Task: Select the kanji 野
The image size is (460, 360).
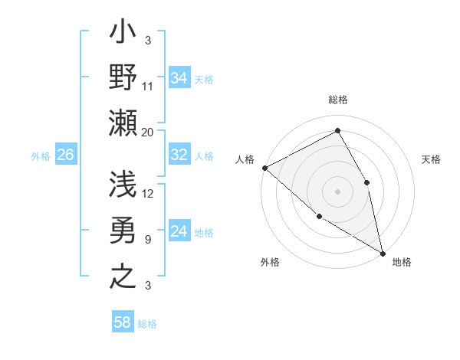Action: [x=123, y=79]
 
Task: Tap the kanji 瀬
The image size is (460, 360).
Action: [x=123, y=123]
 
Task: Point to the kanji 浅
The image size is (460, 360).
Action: [x=123, y=185]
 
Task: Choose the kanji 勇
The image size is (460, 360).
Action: [x=123, y=231]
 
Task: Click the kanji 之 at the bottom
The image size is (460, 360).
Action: [x=123, y=274]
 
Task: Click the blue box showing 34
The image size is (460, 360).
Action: [x=179, y=77]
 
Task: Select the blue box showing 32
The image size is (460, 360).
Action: [x=179, y=155]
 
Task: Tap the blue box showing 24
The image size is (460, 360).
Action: [x=179, y=231]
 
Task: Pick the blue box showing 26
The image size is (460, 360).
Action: [x=65, y=155]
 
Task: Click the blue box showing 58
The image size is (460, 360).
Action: [x=123, y=322]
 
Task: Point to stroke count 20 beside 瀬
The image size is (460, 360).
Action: [x=148, y=132]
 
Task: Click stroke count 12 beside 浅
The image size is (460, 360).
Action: [x=149, y=193]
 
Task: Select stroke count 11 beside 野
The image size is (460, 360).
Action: [x=148, y=86]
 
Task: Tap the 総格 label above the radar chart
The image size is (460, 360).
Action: [x=338, y=100]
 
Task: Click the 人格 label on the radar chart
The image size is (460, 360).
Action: [x=245, y=159]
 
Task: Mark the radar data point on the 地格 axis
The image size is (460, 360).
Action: [x=383, y=252]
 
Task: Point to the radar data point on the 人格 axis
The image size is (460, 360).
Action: [x=264, y=168]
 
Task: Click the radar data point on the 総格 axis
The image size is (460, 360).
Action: [x=338, y=131]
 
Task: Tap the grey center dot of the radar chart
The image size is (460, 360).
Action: [x=338, y=191]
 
